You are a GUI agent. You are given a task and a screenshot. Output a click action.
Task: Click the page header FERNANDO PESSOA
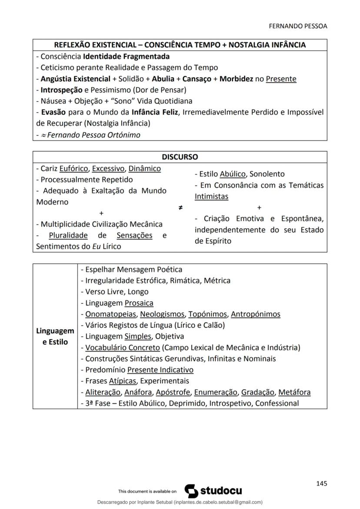pyautogui.click(x=298, y=26)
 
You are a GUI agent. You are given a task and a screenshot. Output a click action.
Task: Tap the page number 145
pyautogui.click(x=322, y=483)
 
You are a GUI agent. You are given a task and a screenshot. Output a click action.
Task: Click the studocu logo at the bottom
pyautogui.click(x=213, y=491)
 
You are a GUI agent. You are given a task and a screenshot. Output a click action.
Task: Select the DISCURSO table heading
pyautogui.click(x=180, y=157)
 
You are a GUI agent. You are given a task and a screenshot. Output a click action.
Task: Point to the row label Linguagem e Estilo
pyautogui.click(x=55, y=336)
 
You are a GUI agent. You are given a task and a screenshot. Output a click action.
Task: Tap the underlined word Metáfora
pyautogui.click(x=294, y=392)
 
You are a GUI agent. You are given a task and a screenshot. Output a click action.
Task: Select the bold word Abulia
pyautogui.click(x=163, y=79)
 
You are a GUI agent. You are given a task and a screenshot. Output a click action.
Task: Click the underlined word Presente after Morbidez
pyautogui.click(x=281, y=79)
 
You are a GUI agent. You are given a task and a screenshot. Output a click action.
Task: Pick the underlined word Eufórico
pyautogui.click(x=73, y=168)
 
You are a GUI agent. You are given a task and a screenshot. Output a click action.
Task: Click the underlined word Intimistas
pyautogui.click(x=211, y=196)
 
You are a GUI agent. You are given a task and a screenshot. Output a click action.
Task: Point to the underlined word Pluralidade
pyautogui.click(x=68, y=235)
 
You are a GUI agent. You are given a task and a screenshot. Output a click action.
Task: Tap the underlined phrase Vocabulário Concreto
pyautogui.click(x=122, y=347)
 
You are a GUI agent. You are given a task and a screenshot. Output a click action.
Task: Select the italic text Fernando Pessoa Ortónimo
pyautogui.click(x=93, y=135)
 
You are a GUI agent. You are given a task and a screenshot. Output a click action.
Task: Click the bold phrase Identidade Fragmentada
pyautogui.click(x=126, y=56)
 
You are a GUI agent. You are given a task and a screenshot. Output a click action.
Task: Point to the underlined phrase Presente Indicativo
pyautogui.click(x=160, y=370)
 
